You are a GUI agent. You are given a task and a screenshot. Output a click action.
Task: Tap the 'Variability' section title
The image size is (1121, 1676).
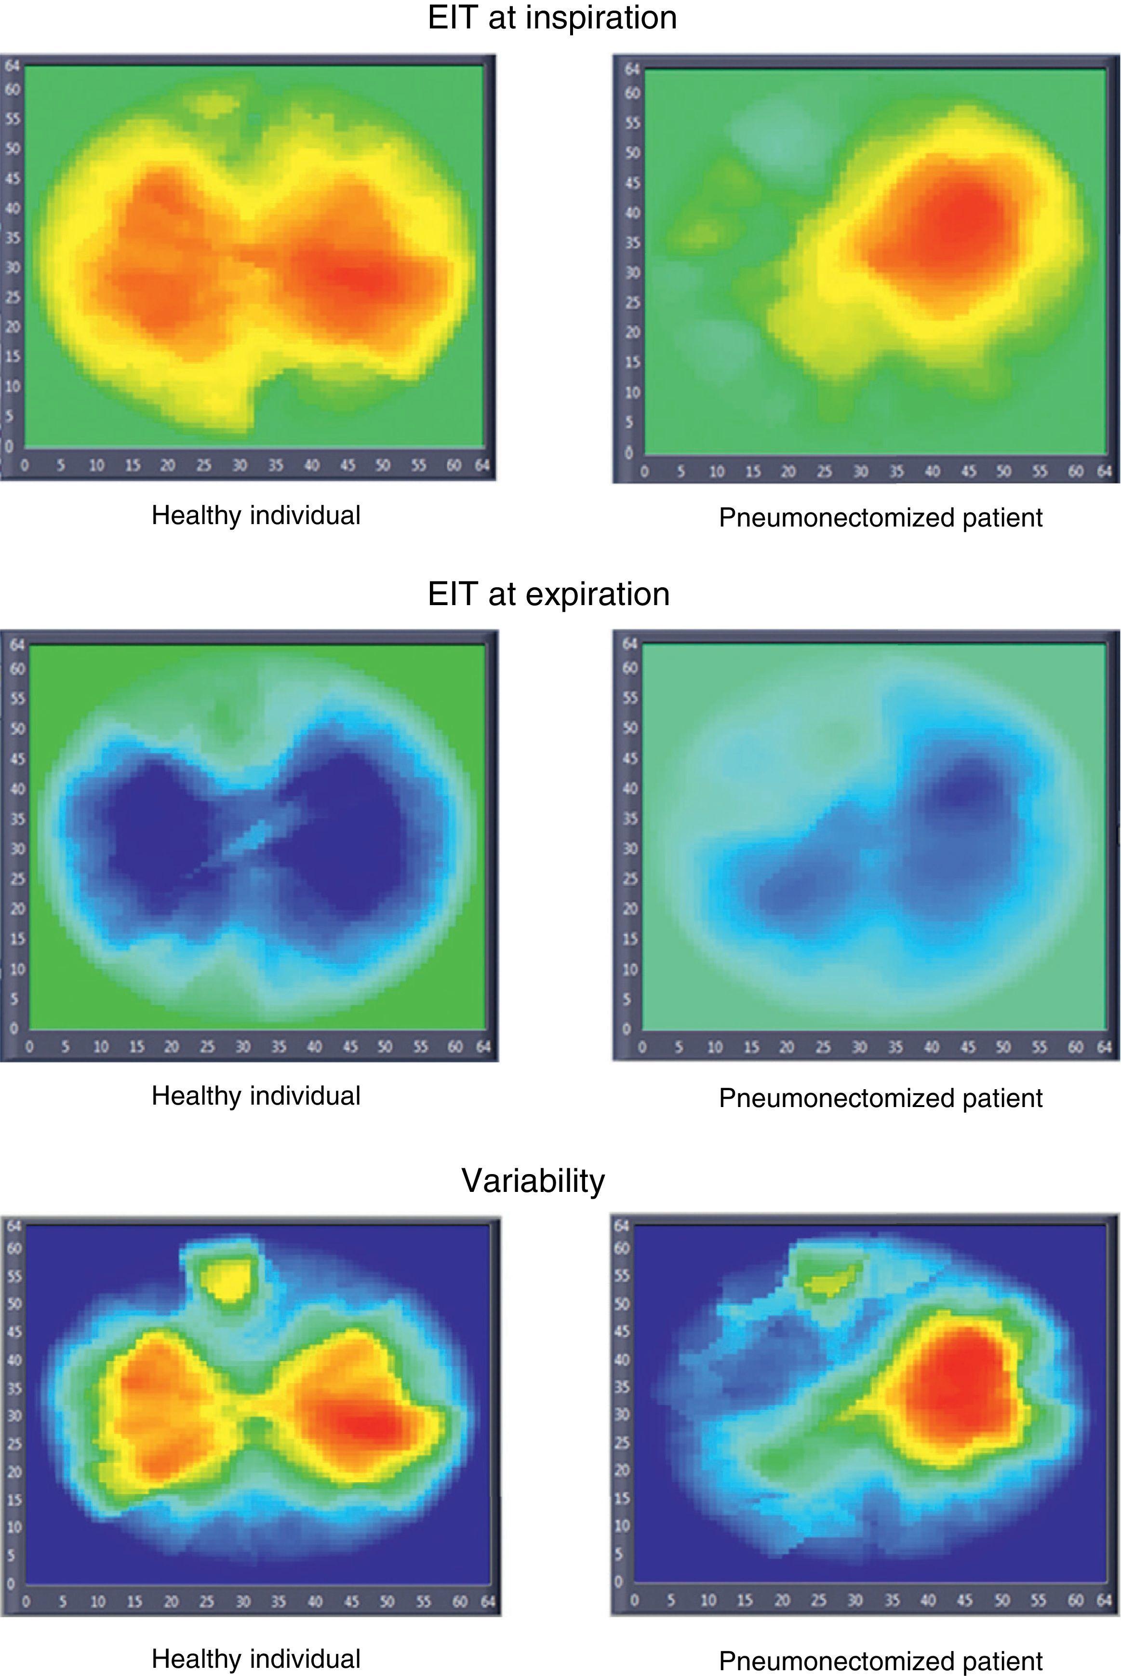(x=534, y=1180)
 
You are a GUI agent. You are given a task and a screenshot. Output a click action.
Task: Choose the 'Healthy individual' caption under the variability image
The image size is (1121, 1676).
(x=256, y=1659)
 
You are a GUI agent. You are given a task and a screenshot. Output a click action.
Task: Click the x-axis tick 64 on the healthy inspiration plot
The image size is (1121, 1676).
(x=482, y=466)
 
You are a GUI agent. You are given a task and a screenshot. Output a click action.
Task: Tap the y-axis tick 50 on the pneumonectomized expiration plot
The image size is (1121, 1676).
(x=629, y=728)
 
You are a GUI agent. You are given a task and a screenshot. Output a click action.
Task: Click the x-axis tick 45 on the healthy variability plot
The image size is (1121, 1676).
(x=351, y=1602)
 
